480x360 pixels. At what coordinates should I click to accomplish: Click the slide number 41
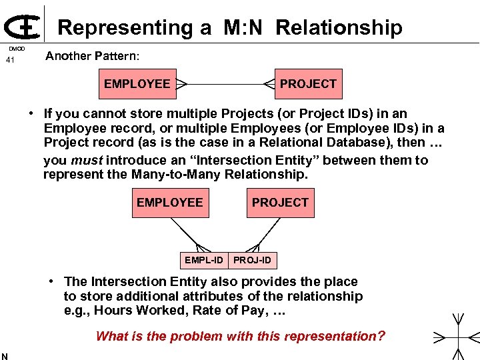[x=10, y=61]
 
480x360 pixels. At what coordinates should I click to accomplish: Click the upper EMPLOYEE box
[x=137, y=84]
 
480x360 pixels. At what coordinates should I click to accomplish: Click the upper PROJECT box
[x=308, y=84]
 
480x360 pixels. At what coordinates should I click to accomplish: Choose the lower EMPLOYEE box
[x=169, y=202]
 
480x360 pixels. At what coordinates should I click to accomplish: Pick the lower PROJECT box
[x=280, y=202]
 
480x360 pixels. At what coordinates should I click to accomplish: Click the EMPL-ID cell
[x=204, y=259]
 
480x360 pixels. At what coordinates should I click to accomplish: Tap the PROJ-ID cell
[x=253, y=259]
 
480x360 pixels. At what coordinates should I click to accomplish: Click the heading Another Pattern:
[x=92, y=56]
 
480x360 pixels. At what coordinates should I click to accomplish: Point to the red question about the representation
[x=240, y=336]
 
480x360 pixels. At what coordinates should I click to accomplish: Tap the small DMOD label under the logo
[x=17, y=49]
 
